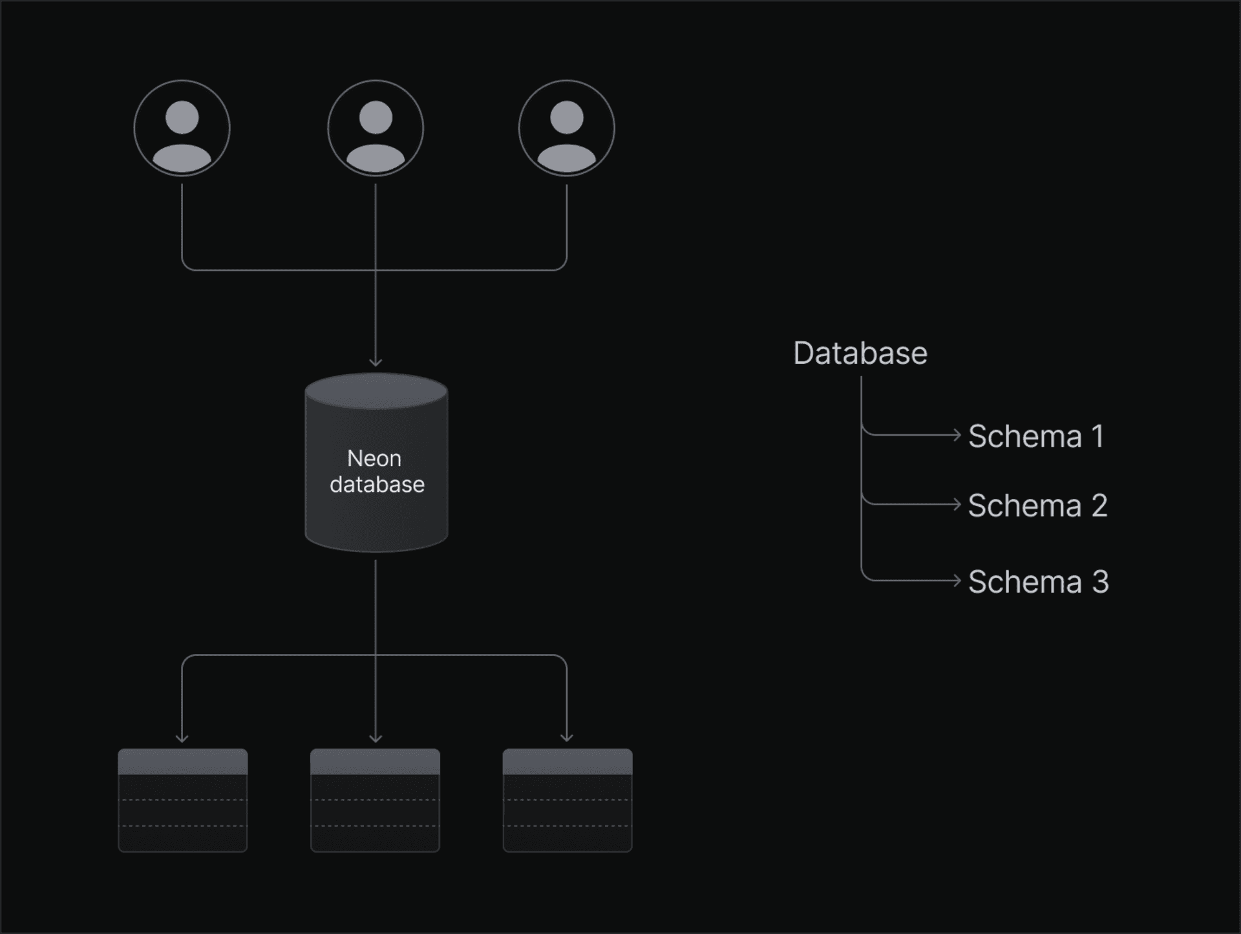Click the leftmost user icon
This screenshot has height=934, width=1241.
(182, 128)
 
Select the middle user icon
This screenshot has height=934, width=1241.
(376, 128)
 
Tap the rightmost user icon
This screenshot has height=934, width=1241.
(566, 128)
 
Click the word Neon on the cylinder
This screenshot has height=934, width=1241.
(374, 458)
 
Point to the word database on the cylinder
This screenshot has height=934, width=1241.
(377, 485)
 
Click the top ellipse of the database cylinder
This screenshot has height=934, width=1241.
(376, 391)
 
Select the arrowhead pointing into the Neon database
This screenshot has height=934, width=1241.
(376, 363)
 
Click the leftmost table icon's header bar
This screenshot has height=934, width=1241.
(182, 761)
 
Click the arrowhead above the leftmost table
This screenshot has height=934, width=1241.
(182, 738)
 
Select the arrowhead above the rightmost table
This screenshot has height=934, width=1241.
(567, 738)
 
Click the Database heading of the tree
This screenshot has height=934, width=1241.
(860, 354)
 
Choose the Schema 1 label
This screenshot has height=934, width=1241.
(1036, 436)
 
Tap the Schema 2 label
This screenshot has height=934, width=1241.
(1037, 505)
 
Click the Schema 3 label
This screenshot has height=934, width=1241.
(1038, 582)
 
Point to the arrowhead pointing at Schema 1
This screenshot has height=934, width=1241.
(958, 435)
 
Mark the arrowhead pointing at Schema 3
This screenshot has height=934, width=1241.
(958, 580)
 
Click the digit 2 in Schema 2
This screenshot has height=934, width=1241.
(1099, 505)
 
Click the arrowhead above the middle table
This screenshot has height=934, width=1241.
(376, 738)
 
